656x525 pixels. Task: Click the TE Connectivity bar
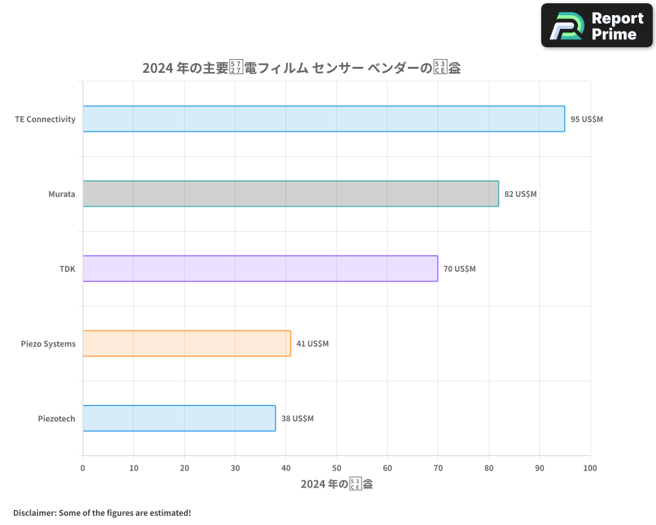tap(323, 119)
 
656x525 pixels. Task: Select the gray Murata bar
tap(291, 194)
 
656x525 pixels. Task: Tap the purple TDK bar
tap(260, 268)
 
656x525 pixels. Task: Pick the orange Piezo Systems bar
tap(186, 343)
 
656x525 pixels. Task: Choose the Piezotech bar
tap(179, 418)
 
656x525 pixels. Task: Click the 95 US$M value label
tap(586, 119)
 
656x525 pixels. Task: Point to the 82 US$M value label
tap(520, 194)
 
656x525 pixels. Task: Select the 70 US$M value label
tap(459, 269)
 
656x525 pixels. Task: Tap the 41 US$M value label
tap(312, 344)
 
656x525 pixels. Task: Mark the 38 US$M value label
tap(297, 419)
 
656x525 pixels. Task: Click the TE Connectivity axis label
tap(45, 119)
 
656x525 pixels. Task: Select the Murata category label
tap(62, 194)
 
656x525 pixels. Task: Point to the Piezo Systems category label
tap(48, 344)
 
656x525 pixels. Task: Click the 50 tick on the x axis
tap(337, 468)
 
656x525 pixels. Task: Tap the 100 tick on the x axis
tap(590, 468)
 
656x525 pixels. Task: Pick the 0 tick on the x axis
tap(83, 468)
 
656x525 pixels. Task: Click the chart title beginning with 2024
tap(301, 68)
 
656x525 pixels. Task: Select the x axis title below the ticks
tap(337, 484)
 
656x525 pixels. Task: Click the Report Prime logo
tap(596, 26)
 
